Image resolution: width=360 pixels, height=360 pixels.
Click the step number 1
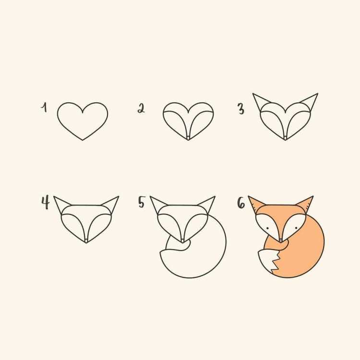(44, 107)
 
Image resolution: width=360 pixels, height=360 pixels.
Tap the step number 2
(141, 108)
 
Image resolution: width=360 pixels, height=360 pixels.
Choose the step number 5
(141, 203)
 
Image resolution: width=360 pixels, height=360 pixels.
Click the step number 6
(241, 203)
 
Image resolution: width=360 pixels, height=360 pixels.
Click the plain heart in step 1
(83, 120)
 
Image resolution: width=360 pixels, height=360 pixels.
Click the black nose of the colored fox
(281, 240)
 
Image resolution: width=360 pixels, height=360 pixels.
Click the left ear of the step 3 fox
(261, 101)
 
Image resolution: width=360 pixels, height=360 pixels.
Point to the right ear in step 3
(310, 101)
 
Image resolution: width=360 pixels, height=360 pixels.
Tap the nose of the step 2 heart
(188, 138)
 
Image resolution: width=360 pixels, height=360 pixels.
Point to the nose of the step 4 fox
(86, 240)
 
